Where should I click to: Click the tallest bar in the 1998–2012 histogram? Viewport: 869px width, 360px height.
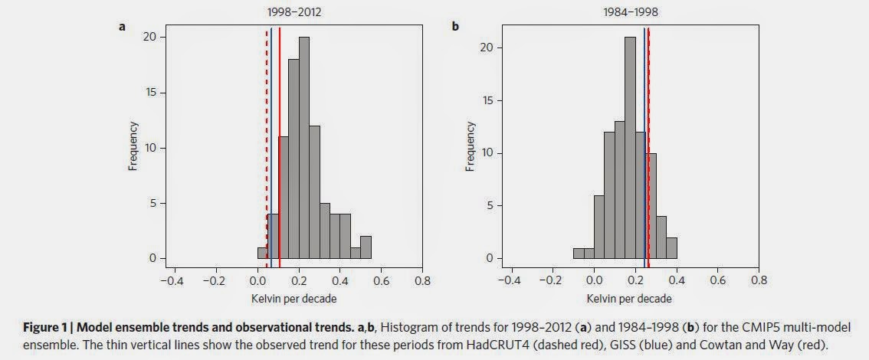pyautogui.click(x=304, y=148)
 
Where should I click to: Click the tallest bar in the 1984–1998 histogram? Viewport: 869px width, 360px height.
pyautogui.click(x=630, y=148)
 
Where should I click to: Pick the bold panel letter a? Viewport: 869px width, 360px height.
pyautogui.click(x=122, y=26)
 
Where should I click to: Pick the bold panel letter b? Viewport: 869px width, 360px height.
pyautogui.click(x=455, y=26)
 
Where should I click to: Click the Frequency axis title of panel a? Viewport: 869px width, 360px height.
pyautogui.click(x=133, y=148)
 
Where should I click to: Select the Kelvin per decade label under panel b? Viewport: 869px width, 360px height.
pyautogui.click(x=629, y=299)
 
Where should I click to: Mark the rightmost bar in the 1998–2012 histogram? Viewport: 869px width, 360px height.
pyautogui.click(x=366, y=247)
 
